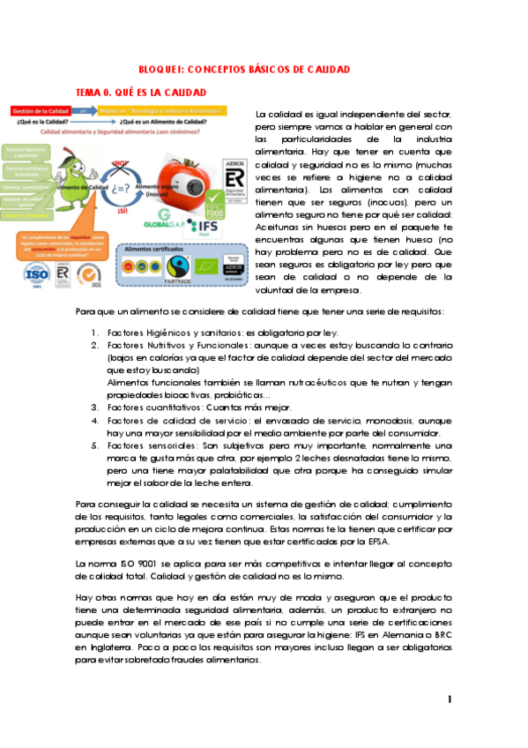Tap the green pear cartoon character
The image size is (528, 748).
click(76, 168)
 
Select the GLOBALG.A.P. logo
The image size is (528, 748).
click(160, 223)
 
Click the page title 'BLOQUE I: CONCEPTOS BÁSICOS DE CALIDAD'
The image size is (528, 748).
click(244, 69)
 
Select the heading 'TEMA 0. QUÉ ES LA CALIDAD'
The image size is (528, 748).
click(141, 92)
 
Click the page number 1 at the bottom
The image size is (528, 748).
click(450, 699)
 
